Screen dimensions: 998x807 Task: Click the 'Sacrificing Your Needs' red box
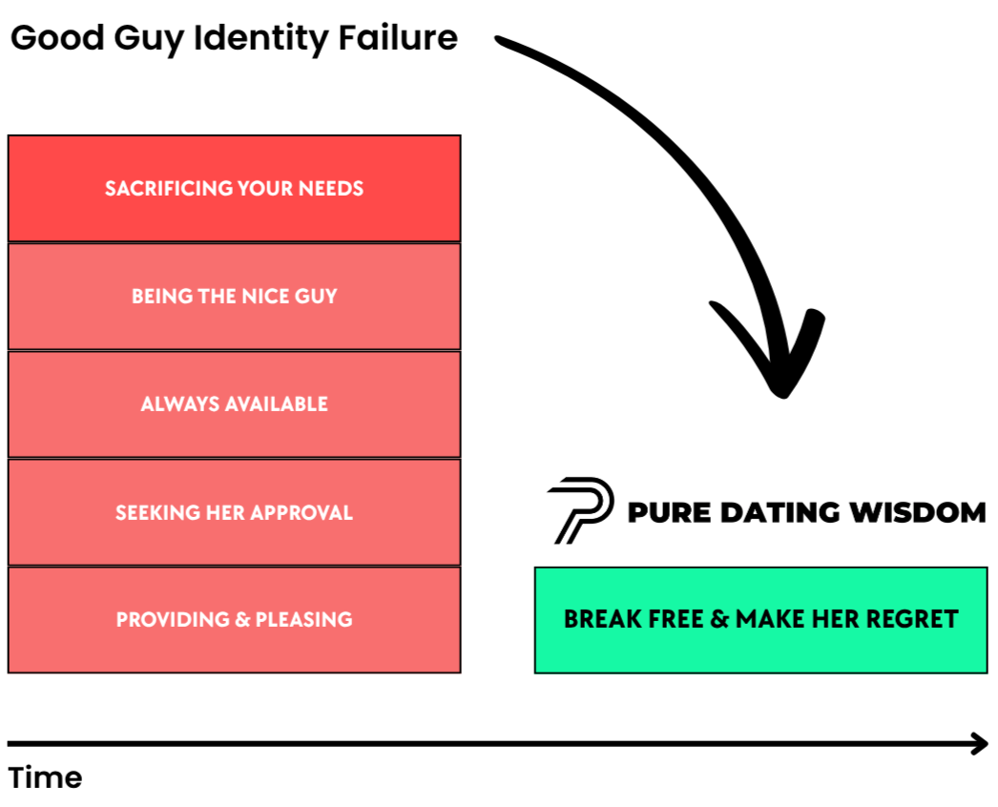[234, 188]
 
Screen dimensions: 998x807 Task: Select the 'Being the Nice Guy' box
[234, 297]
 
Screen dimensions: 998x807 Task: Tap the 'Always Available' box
[234, 404]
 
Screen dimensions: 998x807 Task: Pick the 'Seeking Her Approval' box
[234, 512]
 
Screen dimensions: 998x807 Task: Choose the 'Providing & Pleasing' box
[234, 620]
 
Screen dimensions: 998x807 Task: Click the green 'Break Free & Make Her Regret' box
[761, 620]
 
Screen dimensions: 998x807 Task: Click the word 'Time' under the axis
[45, 777]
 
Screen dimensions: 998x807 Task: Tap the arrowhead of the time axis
[981, 743]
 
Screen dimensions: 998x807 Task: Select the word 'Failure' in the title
[398, 37]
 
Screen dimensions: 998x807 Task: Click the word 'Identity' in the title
[261, 39]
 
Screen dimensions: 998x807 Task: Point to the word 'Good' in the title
[57, 37]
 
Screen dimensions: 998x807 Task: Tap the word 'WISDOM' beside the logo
[918, 512]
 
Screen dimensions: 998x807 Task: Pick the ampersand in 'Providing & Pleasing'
[241, 620]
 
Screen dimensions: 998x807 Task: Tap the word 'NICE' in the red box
[260, 297]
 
